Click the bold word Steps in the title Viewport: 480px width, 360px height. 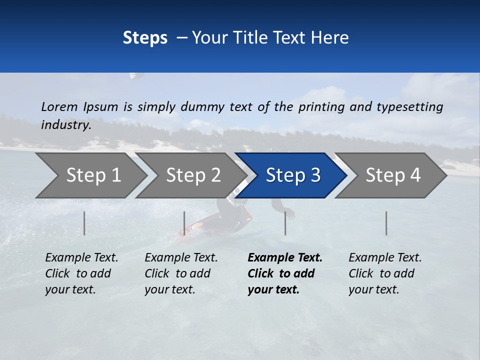[145, 38]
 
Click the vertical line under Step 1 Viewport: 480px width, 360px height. [84, 223]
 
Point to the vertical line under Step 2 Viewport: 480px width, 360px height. [184, 223]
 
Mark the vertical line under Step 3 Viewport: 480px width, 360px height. [285, 223]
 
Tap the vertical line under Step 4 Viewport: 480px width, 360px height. [386, 223]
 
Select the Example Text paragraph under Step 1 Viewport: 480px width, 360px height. [81, 273]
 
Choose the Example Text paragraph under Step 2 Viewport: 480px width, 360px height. [181, 273]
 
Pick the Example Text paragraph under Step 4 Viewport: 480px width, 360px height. [385, 273]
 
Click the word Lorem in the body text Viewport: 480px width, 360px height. [59, 106]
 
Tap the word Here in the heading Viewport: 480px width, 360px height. [330, 38]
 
